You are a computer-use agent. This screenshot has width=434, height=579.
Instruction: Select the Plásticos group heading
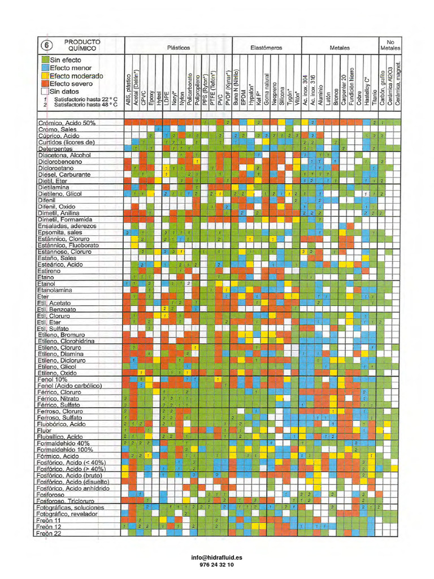pos(178,49)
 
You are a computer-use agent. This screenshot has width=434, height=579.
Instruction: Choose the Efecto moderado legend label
pos(76,76)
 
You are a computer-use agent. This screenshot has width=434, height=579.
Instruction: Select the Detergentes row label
pos(56,148)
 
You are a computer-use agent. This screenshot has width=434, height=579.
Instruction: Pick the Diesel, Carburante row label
pos(63,174)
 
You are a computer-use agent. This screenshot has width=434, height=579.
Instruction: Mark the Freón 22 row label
pos(49,533)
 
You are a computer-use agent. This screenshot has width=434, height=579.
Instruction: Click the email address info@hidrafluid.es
pos(217,557)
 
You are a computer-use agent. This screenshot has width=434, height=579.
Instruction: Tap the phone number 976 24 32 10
pos(217,564)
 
